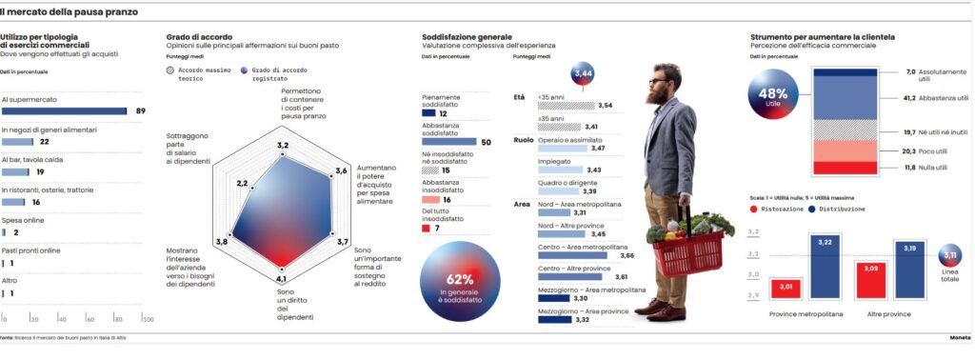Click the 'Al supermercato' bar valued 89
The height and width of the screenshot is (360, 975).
[65, 110]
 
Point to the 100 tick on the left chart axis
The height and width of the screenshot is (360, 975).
[148, 319]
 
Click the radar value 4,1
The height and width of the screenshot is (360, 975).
[281, 278]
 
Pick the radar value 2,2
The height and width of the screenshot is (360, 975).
[242, 183]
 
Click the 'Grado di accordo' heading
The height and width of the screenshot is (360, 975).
[181, 38]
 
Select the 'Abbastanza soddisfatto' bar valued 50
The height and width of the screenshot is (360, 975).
[448, 142]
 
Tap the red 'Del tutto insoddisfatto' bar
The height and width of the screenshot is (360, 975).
[426, 229]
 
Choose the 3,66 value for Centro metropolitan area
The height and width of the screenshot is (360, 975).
[626, 255]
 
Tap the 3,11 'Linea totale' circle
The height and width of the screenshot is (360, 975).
[948, 256]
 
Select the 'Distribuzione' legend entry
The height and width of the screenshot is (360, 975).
[841, 208]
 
